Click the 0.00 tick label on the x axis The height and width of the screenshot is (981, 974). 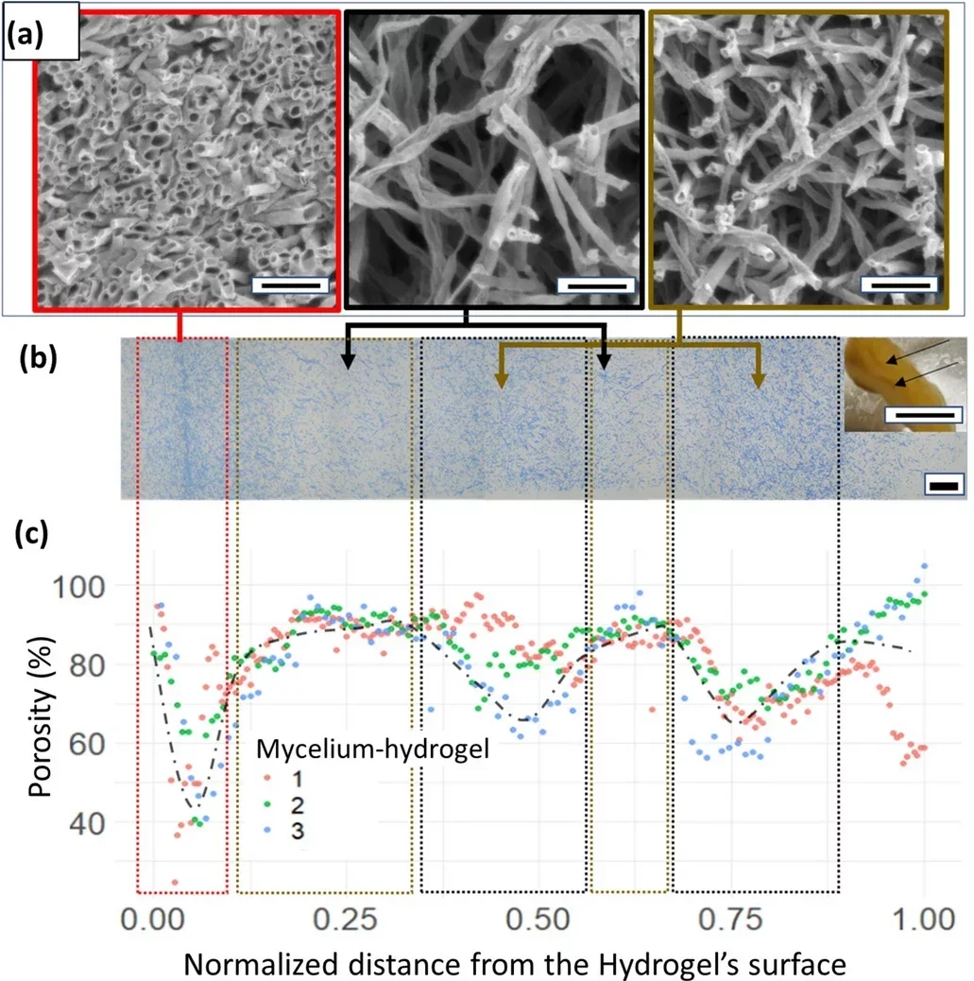click(152, 918)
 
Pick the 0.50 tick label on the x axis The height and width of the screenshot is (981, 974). click(538, 918)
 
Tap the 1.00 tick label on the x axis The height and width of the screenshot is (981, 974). click(923, 918)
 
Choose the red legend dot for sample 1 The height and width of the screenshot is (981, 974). click(268, 777)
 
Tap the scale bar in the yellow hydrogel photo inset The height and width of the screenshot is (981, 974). click(922, 414)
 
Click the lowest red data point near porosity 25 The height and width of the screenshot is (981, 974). click(175, 882)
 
